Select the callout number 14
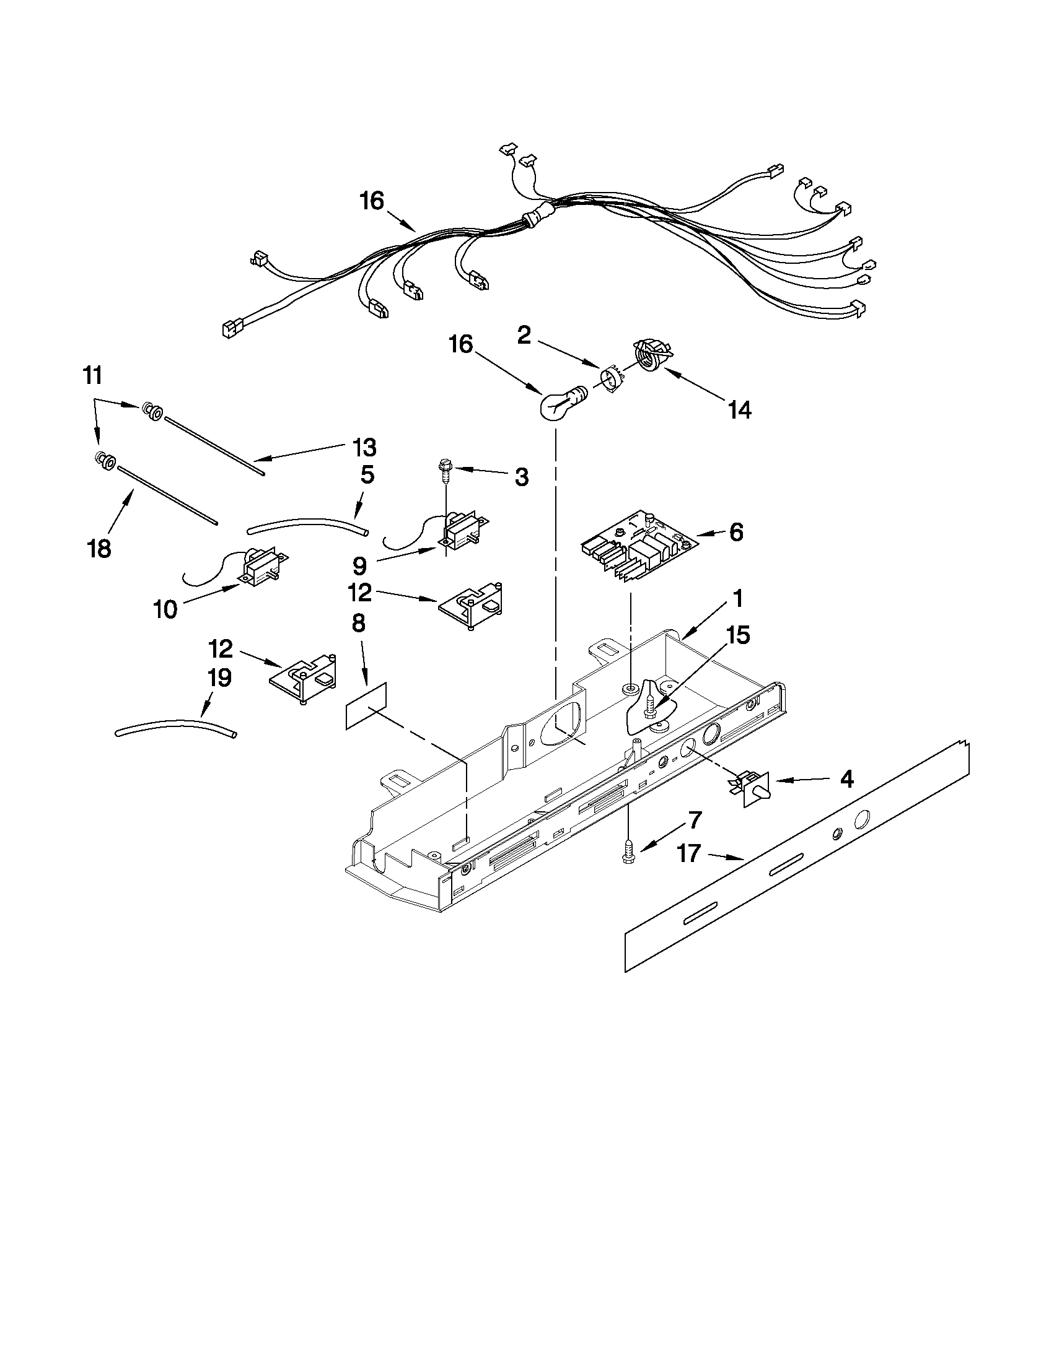(739, 411)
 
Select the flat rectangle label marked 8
(366, 706)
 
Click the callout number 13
(364, 448)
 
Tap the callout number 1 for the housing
(737, 598)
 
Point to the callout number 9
(359, 565)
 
